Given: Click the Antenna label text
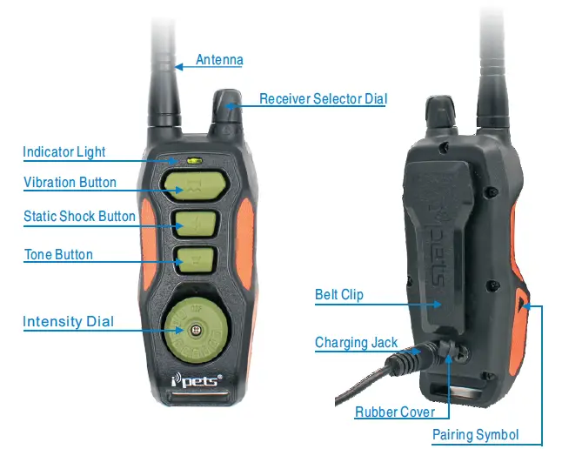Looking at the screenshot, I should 219,60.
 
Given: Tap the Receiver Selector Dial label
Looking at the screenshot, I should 323,99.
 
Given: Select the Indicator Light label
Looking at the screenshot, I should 64,152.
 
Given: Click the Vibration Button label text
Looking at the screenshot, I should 70,183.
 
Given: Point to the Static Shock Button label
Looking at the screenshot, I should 79,216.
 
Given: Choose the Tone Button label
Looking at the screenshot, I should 57,255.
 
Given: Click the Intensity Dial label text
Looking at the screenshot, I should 68,322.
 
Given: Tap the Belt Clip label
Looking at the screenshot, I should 339,295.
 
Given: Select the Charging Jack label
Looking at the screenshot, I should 356,343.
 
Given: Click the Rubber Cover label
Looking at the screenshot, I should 395,412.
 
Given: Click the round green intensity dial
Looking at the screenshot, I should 192,330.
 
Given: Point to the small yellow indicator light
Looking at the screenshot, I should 192,160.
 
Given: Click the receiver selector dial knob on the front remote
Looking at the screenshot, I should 226,111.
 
